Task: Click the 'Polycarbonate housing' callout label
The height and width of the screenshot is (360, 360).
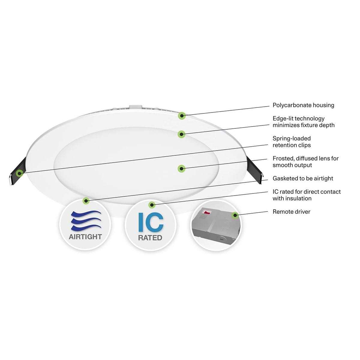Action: pyautogui.click(x=303, y=105)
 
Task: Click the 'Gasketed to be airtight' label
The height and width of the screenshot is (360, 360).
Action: pyautogui.click(x=303, y=178)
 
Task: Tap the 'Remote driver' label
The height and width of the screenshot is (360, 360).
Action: pyautogui.click(x=291, y=212)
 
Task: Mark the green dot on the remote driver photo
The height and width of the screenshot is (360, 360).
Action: pyautogui.click(x=235, y=215)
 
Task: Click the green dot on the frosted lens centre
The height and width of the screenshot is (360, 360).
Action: pyautogui.click(x=181, y=169)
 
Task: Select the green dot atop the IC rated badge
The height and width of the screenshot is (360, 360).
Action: pyautogui.click(x=152, y=205)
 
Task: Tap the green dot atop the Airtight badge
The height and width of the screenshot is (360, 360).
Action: pyautogui.click(x=86, y=201)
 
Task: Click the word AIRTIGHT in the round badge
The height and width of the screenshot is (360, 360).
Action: pyautogui.click(x=85, y=236)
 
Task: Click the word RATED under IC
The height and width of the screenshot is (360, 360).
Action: pyautogui.click(x=150, y=238)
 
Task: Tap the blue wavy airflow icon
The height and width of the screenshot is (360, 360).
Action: pyautogui.click(x=85, y=220)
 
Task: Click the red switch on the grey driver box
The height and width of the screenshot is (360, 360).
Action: pyautogui.click(x=207, y=212)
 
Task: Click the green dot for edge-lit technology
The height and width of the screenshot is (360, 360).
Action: pyautogui.click(x=181, y=134)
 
